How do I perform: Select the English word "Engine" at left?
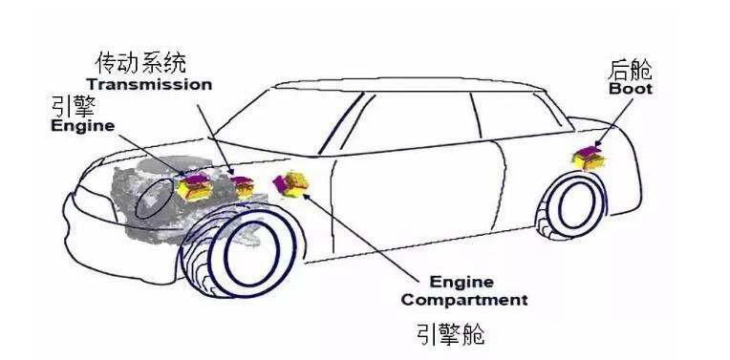[82, 126]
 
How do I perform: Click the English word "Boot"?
[631, 89]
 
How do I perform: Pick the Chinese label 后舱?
[631, 70]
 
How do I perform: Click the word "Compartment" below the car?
[463, 300]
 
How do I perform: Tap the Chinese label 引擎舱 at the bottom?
[450, 334]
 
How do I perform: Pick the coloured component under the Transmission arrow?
[243, 185]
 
